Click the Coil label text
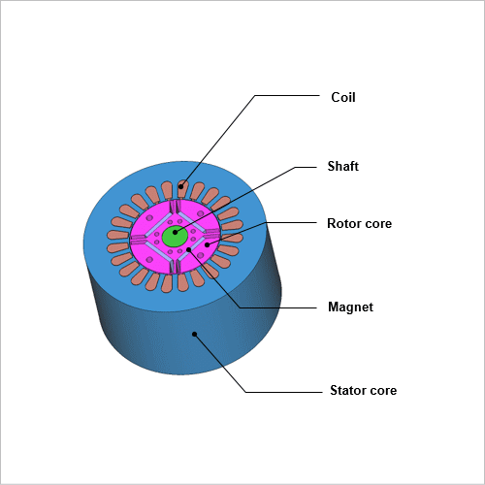[x=343, y=97]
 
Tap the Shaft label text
[x=343, y=166]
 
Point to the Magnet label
[x=350, y=307]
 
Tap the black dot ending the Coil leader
[x=181, y=186]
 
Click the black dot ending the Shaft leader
[x=176, y=232]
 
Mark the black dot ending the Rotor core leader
[x=208, y=244]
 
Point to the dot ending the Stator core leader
[x=194, y=334]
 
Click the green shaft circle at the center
[x=175, y=237]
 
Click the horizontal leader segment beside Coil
[x=287, y=95]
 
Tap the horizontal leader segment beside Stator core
[x=283, y=392]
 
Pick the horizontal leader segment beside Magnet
[x=278, y=307]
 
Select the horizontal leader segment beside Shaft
[x=306, y=167]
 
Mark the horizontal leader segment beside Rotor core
[x=292, y=222]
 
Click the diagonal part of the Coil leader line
[x=218, y=141]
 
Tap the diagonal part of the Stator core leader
[x=220, y=363]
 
